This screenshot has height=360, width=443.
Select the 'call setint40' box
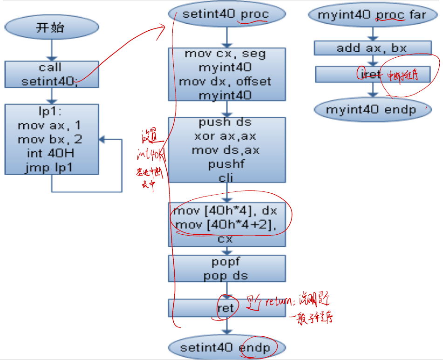pos(52,75)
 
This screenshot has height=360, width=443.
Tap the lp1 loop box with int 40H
pos(52,139)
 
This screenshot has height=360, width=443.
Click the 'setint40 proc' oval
pos(226,14)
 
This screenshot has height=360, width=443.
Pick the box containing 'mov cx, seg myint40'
pos(226,75)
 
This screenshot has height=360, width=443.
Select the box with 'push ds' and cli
pos(226,149)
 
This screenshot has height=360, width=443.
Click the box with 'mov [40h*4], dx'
pos(226,224)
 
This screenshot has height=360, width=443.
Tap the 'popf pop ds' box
pos(226,268)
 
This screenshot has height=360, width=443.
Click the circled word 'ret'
pos(226,308)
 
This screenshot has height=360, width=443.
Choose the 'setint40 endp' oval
pos(226,348)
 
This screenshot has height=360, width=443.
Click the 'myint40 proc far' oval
pos(372,14)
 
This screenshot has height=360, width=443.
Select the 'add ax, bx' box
pos(372,48)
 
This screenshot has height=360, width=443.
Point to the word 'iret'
pos(371,74)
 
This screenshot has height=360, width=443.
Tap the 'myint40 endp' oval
pos(372,110)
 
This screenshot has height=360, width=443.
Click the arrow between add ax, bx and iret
pos(372,61)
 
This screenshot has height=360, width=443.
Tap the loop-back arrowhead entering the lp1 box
pos(102,139)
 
